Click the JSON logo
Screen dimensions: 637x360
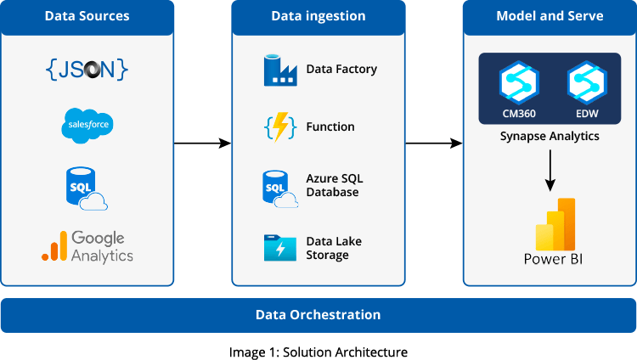point(87,69)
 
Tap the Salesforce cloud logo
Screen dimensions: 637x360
point(87,125)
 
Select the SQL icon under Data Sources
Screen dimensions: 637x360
point(87,188)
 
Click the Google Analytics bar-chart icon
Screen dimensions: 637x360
point(54,246)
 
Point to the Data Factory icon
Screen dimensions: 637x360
point(280,70)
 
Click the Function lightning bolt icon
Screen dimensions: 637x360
point(280,127)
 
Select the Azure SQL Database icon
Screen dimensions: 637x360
point(280,189)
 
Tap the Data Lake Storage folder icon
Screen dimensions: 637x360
point(280,247)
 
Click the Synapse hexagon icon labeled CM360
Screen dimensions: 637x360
point(519,82)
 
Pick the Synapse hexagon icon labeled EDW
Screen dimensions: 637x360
point(587,82)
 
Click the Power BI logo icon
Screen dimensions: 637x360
point(555,224)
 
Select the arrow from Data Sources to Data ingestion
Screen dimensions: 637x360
point(202,143)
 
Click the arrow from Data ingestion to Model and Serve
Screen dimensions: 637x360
point(434,143)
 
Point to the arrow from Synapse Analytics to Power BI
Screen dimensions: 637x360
point(550,171)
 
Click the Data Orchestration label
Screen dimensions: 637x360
point(318,315)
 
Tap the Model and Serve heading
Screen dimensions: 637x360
point(550,16)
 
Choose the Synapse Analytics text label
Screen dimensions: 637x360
point(550,136)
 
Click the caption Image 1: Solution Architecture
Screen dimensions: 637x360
point(318,352)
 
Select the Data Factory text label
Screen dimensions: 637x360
point(341,69)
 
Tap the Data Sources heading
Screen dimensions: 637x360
point(87,16)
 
